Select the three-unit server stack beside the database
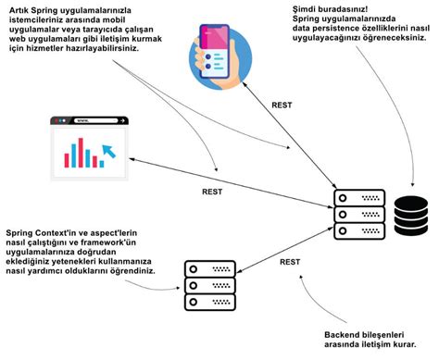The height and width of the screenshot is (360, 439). (355, 214)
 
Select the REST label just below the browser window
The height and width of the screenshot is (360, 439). (211, 192)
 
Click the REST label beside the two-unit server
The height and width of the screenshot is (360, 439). (289, 262)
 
